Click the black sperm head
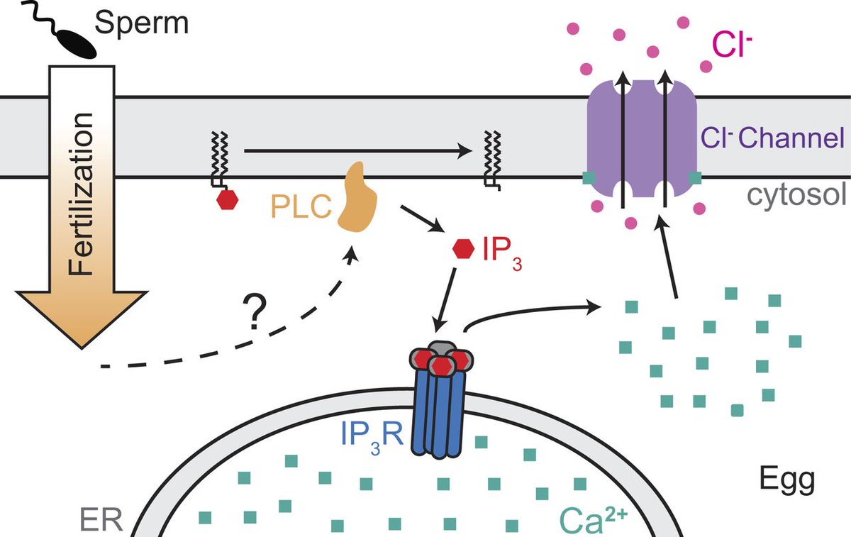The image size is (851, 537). tap(79, 44)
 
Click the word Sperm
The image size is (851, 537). tap(142, 23)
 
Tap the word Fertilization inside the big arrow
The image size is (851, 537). tap(81, 194)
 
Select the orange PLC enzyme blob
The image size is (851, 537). tap(357, 197)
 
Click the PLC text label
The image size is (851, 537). tap(301, 206)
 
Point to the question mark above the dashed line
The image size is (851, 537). tap(254, 311)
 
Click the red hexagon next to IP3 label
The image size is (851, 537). tap(464, 249)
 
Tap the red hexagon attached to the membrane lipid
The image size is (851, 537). tap(227, 199)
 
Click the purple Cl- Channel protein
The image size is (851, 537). tap(642, 139)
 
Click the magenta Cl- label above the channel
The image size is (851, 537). tap(732, 45)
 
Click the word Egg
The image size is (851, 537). tap(787, 480)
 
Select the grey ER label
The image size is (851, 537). tap(101, 519)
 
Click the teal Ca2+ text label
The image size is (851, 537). tap(594, 521)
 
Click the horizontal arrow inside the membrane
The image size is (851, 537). tap(358, 151)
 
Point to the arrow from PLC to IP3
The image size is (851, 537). tap(423, 219)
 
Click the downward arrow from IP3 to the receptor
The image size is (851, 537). tap(445, 300)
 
